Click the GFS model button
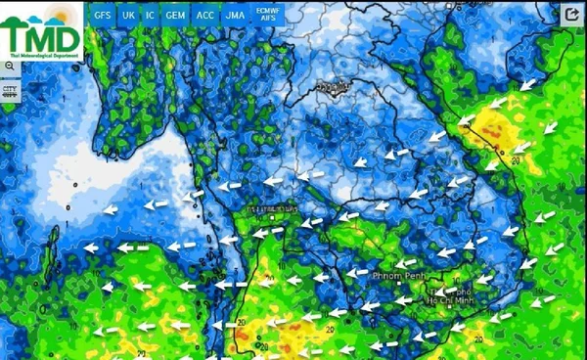(x=103, y=16)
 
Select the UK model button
(x=128, y=16)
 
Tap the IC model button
(x=150, y=16)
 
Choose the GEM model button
(x=175, y=16)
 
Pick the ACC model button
(x=205, y=16)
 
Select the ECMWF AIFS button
(x=266, y=16)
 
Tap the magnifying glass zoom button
(x=9, y=66)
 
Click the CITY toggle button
(x=10, y=90)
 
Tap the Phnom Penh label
(x=397, y=277)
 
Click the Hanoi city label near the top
(x=333, y=88)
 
